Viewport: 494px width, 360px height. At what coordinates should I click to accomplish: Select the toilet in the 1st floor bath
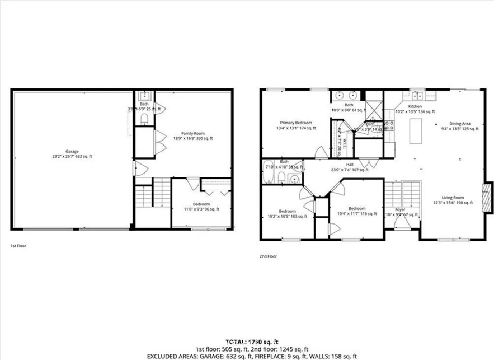tap(144, 119)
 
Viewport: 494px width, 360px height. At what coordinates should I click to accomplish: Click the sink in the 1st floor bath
tap(144, 96)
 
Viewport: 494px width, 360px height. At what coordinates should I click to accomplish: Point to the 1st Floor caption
tap(18, 246)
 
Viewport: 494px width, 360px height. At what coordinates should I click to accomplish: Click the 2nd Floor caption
tap(268, 256)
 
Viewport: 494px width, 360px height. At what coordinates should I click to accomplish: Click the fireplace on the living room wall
tap(488, 198)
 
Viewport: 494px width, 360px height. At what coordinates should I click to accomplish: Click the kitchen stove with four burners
tap(389, 125)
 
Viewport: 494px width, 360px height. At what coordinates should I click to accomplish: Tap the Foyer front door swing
tap(402, 223)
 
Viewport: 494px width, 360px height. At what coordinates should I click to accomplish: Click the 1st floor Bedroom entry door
tap(193, 184)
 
